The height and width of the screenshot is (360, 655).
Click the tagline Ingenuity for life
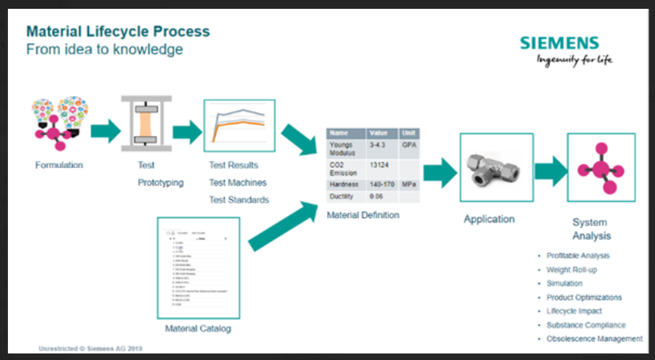tap(575, 60)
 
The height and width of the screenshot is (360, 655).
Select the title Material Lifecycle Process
tap(118, 31)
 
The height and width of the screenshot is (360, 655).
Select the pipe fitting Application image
tap(497, 170)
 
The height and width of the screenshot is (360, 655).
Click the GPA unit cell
tap(409, 146)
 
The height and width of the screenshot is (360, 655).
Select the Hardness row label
tap(344, 184)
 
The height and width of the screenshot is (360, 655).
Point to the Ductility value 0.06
tap(376, 196)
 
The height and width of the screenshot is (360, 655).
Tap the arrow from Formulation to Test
tap(105, 130)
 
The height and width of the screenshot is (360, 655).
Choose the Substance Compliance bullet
tap(586, 325)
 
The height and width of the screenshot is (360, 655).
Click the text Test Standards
tap(238, 199)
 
